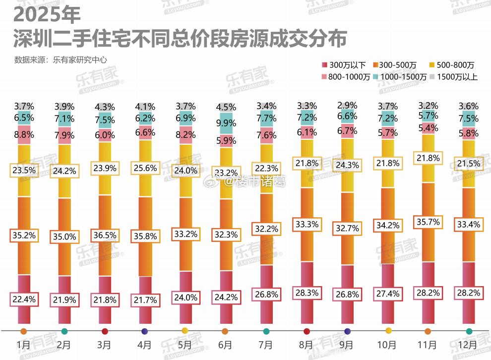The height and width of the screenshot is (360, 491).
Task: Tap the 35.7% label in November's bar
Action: (x=428, y=222)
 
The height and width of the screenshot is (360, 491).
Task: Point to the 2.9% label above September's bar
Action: (x=347, y=105)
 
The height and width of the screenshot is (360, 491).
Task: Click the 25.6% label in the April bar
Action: (x=145, y=168)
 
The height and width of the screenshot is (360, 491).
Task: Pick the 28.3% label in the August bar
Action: (x=306, y=293)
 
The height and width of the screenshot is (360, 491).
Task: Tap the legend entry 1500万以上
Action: (x=454, y=77)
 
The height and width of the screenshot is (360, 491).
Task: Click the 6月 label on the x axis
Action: (x=225, y=345)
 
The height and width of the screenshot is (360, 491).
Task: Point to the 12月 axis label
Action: (x=469, y=345)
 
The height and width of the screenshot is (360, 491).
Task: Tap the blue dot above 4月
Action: (x=145, y=331)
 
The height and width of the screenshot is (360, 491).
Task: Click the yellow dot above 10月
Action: (x=388, y=331)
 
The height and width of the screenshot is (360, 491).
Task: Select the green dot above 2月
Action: (x=64, y=331)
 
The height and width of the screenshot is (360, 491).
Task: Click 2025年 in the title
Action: (x=47, y=15)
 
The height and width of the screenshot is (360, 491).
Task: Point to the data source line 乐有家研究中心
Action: (x=61, y=60)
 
